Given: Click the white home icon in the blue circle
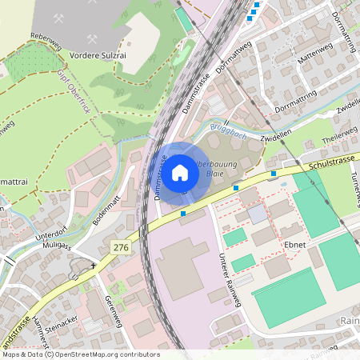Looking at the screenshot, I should [181, 172].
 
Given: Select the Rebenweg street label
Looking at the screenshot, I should [46, 36].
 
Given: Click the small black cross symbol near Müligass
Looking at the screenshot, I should [94, 266].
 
